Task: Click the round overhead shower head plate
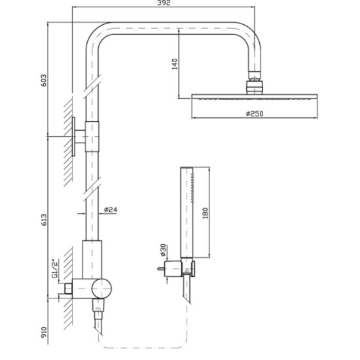pyautogui.click(x=253, y=97)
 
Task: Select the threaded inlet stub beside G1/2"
pyautogui.click(x=68, y=287)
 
